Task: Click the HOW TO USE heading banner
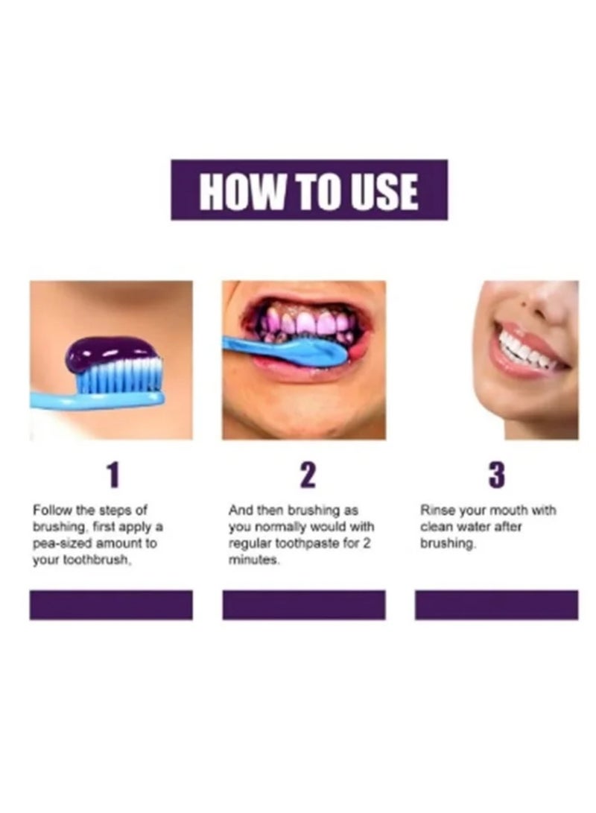pos(309,190)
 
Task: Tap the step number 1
pos(112,475)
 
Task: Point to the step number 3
pos(497,475)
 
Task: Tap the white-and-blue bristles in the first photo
pos(119,376)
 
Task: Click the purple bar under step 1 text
pos(111,605)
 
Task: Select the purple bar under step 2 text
pos(304,605)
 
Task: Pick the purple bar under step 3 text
pos(496,605)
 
